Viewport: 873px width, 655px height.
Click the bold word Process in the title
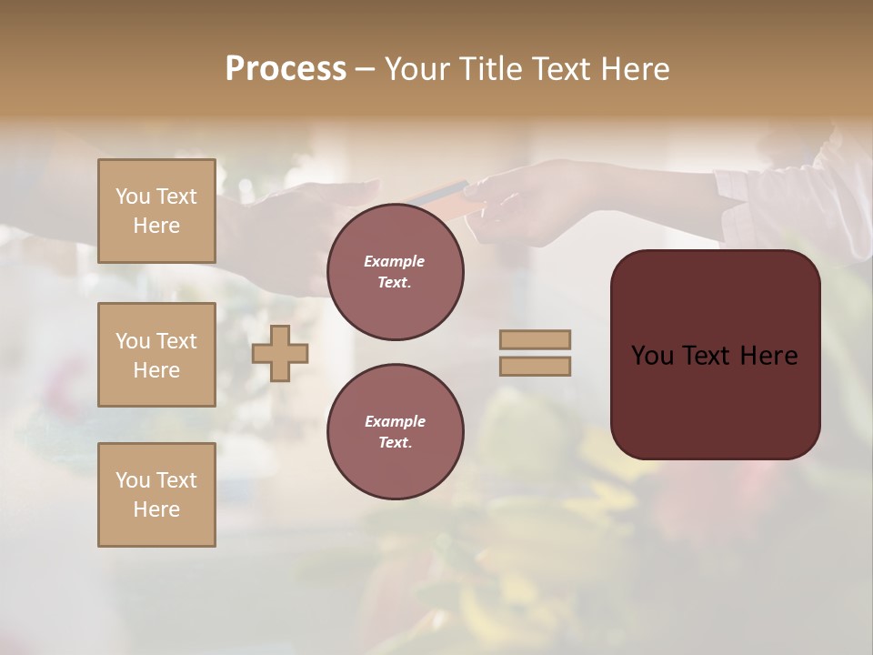[286, 68]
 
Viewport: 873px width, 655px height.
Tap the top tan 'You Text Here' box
[156, 211]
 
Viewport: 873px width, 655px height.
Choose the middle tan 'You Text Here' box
[156, 355]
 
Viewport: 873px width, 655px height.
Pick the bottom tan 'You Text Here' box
[156, 495]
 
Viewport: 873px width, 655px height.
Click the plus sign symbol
[280, 353]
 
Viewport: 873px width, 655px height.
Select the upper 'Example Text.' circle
[395, 272]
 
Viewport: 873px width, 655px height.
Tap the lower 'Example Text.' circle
[395, 432]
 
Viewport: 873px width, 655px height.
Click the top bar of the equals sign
[536, 340]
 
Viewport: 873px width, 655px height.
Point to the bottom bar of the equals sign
[536, 366]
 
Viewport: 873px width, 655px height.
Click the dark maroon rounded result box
[715, 354]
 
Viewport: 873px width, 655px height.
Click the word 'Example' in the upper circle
[395, 261]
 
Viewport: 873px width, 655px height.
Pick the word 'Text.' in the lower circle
[395, 442]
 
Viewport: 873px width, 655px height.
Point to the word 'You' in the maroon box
[652, 355]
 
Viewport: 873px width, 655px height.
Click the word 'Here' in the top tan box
[156, 226]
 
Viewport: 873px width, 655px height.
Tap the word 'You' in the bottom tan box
[133, 480]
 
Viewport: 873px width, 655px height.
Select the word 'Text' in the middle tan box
[176, 341]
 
